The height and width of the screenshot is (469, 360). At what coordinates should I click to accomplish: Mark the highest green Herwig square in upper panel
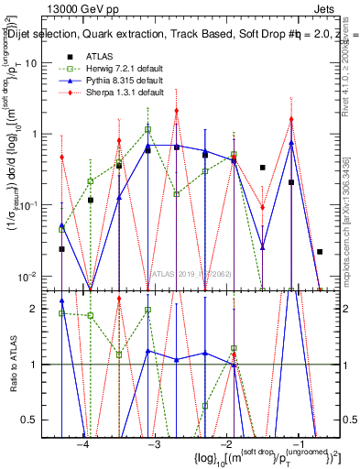click(147, 130)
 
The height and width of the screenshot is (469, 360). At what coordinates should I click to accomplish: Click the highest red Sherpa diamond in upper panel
click(176, 111)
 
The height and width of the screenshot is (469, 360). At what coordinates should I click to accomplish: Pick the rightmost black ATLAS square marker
click(320, 251)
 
